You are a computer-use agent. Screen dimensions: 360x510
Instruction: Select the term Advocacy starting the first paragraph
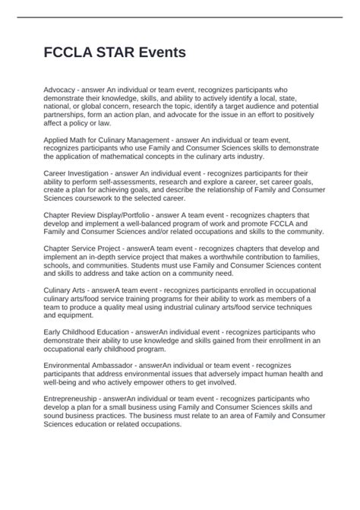click(62, 90)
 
